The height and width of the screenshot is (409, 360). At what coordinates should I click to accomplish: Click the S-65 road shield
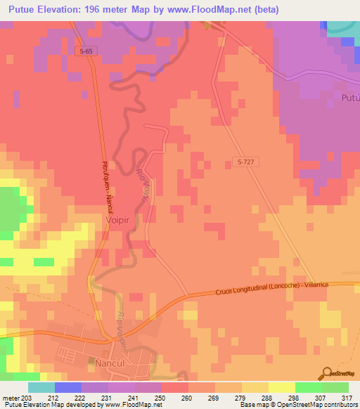point(84,51)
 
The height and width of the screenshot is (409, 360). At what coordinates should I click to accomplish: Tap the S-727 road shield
point(244,162)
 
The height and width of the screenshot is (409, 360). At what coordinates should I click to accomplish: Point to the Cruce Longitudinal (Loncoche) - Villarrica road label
point(277,287)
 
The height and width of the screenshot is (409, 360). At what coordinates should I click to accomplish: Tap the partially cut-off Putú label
point(349,97)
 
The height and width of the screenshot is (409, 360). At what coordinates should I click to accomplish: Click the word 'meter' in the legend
point(11,396)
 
